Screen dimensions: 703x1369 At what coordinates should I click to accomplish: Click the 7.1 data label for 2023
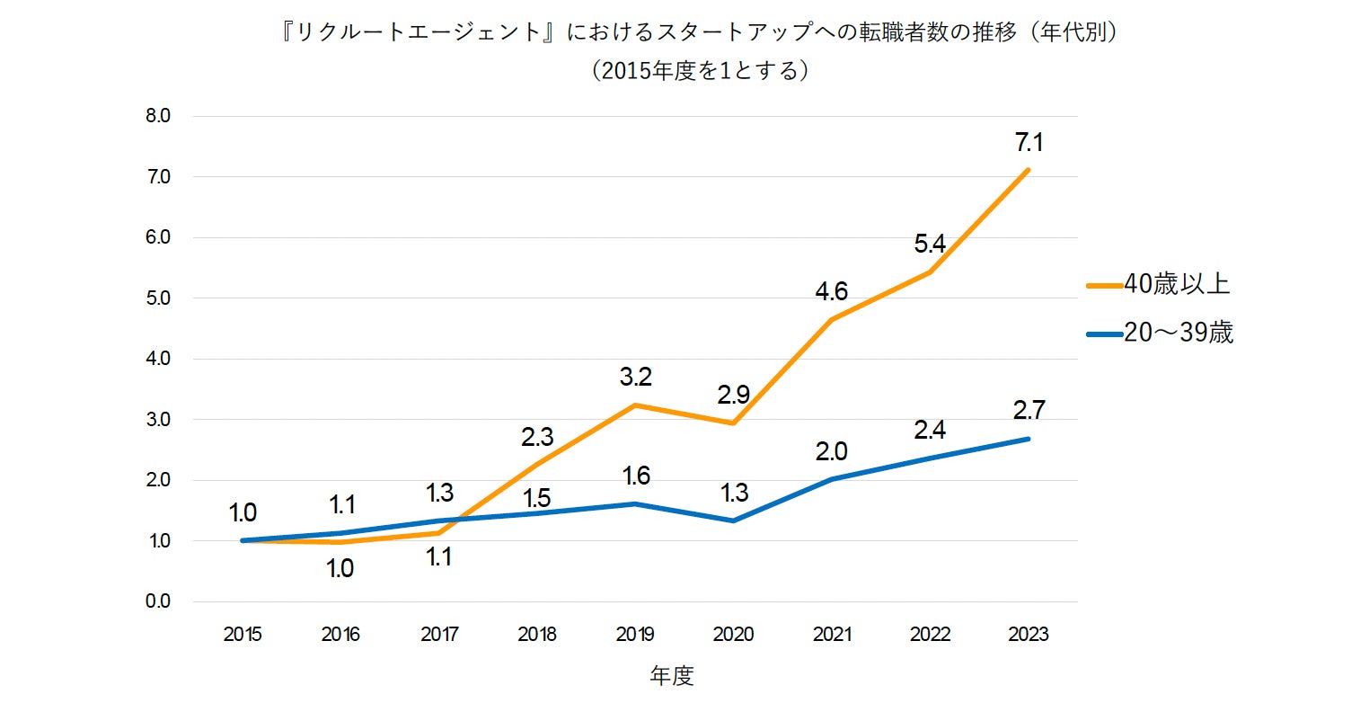pos(1029,143)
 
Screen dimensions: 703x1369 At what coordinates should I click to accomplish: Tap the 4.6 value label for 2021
pos(831,291)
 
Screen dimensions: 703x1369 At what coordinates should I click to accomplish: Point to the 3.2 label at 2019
pos(635,377)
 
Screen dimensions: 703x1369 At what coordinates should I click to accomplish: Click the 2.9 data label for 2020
pos(733,395)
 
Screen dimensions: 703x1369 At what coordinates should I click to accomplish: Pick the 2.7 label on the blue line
pos(1029,411)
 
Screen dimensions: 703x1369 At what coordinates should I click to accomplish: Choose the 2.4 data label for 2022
pos(930,430)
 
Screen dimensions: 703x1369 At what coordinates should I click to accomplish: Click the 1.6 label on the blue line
pos(635,476)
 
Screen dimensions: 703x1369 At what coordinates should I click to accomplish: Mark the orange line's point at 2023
pos(1029,169)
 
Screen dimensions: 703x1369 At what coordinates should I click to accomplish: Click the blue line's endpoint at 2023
pos(1029,439)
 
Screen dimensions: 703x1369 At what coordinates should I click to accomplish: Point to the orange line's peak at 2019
pos(635,405)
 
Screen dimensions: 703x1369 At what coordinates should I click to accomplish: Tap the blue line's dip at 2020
pos(733,521)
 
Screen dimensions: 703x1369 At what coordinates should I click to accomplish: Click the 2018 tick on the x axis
pos(537,635)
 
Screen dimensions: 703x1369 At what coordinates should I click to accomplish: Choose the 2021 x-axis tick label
pos(831,635)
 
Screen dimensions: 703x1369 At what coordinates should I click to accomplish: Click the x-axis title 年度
pos(672,676)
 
